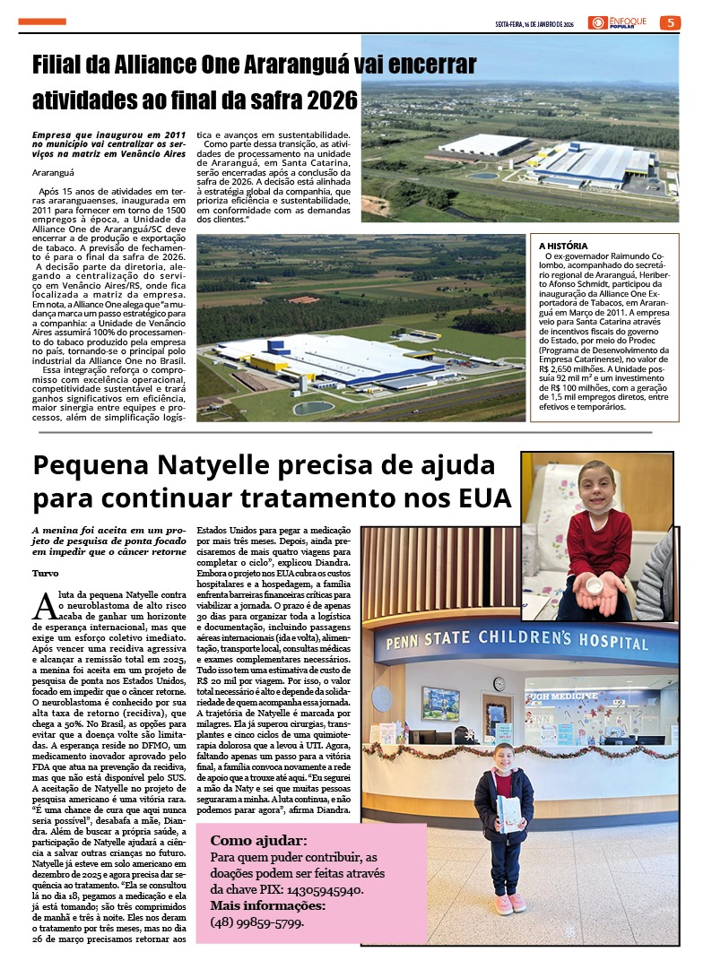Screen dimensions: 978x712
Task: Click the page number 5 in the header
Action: tap(669, 22)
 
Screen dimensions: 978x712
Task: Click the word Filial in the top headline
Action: tap(61, 65)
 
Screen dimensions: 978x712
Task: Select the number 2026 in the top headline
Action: tap(329, 100)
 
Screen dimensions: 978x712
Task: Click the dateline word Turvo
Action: tap(46, 573)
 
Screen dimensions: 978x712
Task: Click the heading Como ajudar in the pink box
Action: tap(258, 841)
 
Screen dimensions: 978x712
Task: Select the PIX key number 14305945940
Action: tap(324, 890)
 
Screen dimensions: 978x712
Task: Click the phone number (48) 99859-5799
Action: tap(256, 922)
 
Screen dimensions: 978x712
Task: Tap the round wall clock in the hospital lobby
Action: tap(499, 683)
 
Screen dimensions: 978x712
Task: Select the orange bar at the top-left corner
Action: tap(42, 22)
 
